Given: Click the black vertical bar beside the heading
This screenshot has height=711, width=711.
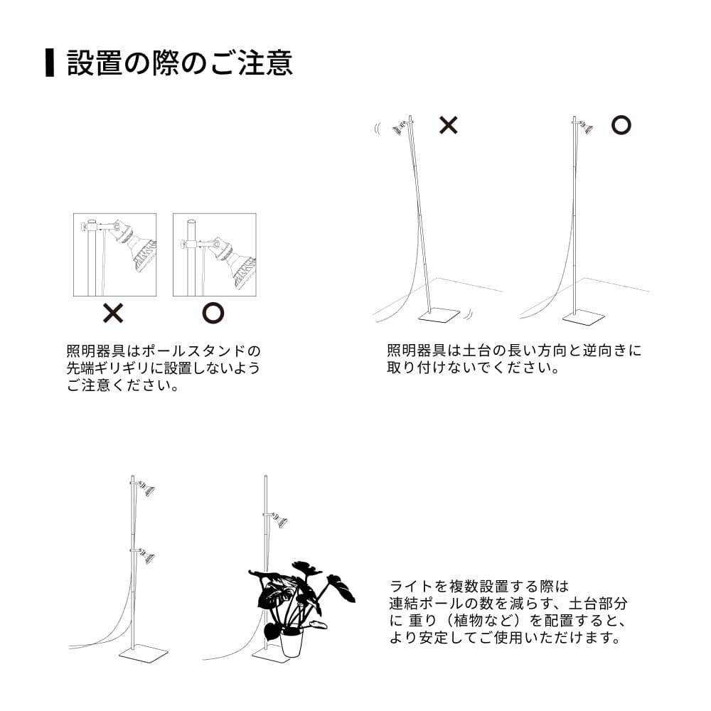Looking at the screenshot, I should (x=50, y=63).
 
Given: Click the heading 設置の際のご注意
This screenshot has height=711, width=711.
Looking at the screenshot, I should (x=179, y=63).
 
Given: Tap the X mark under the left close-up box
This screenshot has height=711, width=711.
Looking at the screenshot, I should (x=114, y=313).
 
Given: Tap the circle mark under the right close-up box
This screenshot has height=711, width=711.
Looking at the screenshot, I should (x=213, y=313).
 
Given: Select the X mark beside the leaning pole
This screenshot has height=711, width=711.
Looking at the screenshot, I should (x=448, y=125).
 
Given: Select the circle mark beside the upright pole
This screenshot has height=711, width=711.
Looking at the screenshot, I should (x=621, y=125).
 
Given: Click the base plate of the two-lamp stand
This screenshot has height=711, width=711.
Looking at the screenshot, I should (x=144, y=653).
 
